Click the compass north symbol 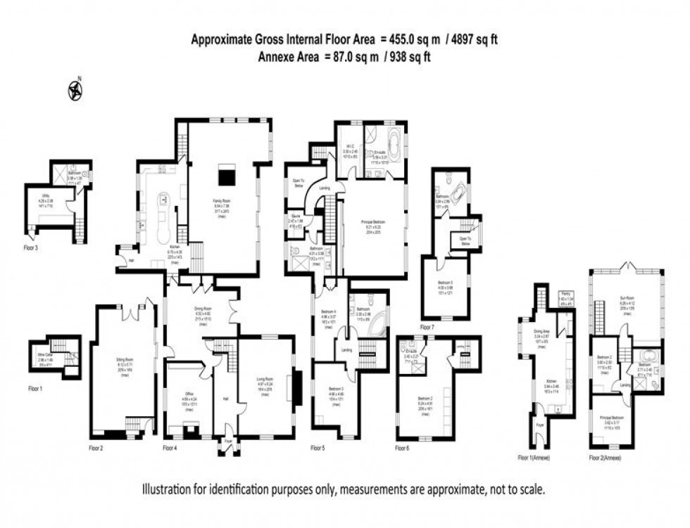[75, 89]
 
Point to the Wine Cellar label [45, 354]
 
